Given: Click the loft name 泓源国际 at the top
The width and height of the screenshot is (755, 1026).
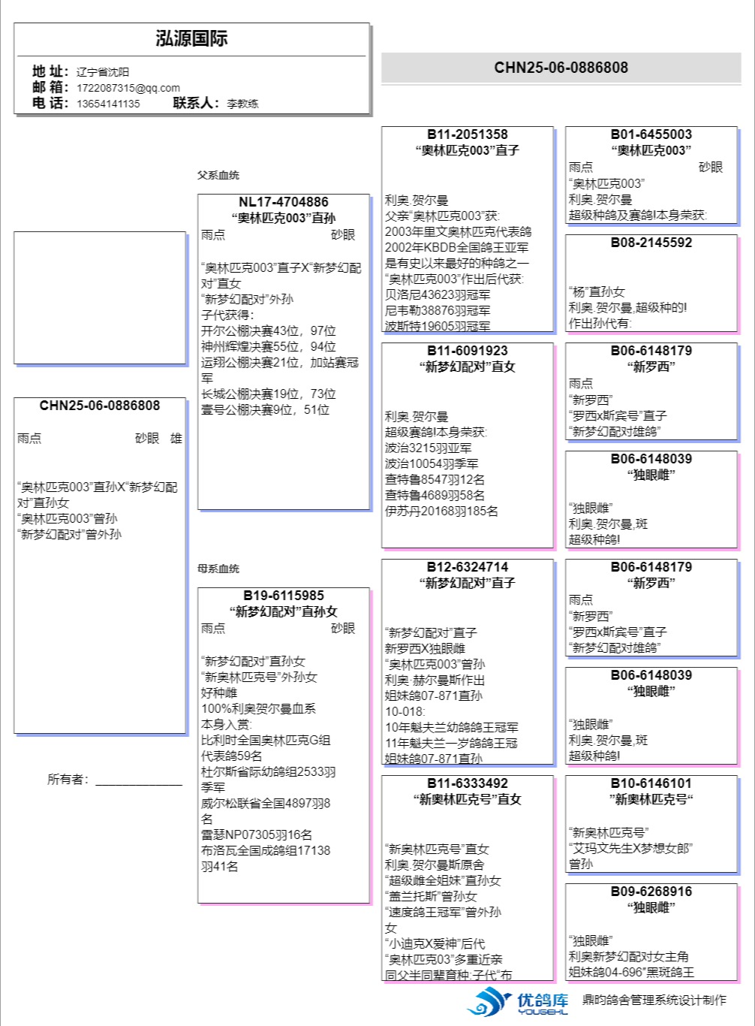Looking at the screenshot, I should point(191,39).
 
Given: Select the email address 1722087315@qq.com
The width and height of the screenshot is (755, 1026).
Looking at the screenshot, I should point(128,88).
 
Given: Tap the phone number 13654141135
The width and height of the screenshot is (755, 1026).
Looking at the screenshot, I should point(108,104).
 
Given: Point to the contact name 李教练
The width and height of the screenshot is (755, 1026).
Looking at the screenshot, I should point(242,104).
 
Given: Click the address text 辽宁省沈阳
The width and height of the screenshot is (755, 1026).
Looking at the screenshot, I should point(103,72).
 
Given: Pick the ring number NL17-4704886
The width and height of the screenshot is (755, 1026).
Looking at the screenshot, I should point(284,202).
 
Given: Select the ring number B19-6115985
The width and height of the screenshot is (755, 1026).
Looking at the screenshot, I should point(284,596).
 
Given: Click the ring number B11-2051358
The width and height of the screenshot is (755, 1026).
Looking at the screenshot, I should point(468,134).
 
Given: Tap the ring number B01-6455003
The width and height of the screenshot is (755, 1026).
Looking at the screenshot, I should point(651,134).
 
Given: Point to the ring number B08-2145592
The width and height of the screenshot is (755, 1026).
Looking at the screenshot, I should point(651,243).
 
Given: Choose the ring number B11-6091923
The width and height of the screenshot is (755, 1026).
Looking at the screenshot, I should point(468,351).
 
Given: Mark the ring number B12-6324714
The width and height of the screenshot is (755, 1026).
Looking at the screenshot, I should point(468,567).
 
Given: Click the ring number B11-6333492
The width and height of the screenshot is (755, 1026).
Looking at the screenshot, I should point(468,783).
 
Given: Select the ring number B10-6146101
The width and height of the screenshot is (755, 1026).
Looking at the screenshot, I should point(651,783).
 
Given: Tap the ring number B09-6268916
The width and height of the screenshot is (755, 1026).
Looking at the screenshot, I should point(651,892).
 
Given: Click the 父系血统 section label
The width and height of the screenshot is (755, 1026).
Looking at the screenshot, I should point(218,175).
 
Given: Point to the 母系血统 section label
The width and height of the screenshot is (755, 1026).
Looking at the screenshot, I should point(218,569).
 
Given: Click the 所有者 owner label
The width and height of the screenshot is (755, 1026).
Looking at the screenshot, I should point(68,780).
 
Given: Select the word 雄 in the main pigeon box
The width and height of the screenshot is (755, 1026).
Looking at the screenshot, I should point(176,439).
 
